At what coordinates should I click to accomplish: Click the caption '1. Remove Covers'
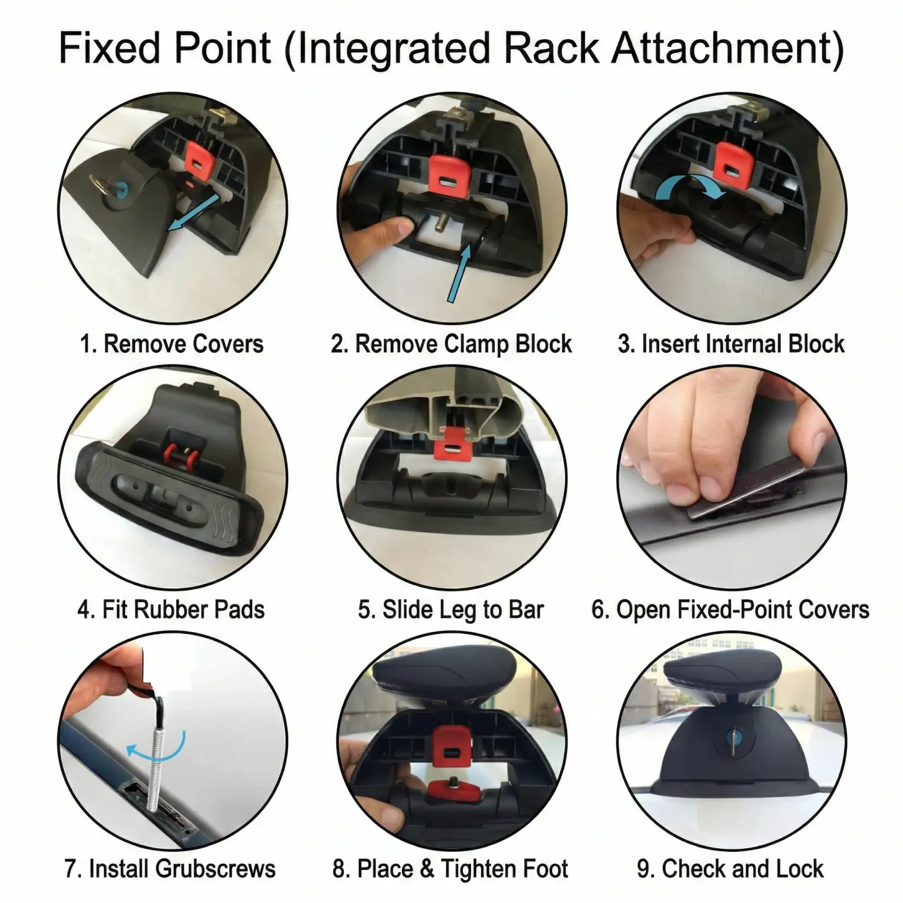point(172,344)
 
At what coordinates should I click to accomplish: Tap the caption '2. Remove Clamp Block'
point(451,344)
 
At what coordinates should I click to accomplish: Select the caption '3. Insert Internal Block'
point(731,344)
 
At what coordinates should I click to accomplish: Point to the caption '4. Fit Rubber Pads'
point(171,609)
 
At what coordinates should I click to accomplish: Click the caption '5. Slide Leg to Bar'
point(451,609)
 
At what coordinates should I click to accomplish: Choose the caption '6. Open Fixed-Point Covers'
point(730,609)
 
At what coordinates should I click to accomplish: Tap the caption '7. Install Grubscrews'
point(170,869)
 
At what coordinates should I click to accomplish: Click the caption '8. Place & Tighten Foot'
point(450,869)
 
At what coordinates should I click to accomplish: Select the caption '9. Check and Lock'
point(730,869)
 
